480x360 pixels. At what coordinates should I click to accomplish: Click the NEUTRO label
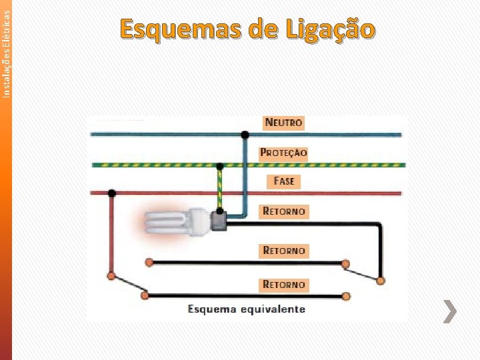[x=283, y=123]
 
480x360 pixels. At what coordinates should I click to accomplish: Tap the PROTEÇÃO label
[x=283, y=153]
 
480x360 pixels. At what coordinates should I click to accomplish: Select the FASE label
[x=283, y=181]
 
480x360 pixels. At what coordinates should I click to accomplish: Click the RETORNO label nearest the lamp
[x=284, y=211]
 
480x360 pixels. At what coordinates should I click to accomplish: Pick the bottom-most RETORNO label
[x=284, y=285]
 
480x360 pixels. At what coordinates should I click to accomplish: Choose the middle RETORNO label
[x=284, y=251]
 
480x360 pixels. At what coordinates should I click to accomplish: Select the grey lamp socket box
[x=218, y=220]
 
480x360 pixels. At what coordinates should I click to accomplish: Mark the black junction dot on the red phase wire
[x=112, y=193]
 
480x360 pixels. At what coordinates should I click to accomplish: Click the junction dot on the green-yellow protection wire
[x=221, y=164]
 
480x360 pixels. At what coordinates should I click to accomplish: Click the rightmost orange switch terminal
[x=381, y=281]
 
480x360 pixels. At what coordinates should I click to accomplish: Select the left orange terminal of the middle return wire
[x=149, y=263]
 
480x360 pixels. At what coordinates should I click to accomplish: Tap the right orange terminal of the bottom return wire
[x=346, y=295]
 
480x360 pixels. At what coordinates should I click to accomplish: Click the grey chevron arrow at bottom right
[x=451, y=311]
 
